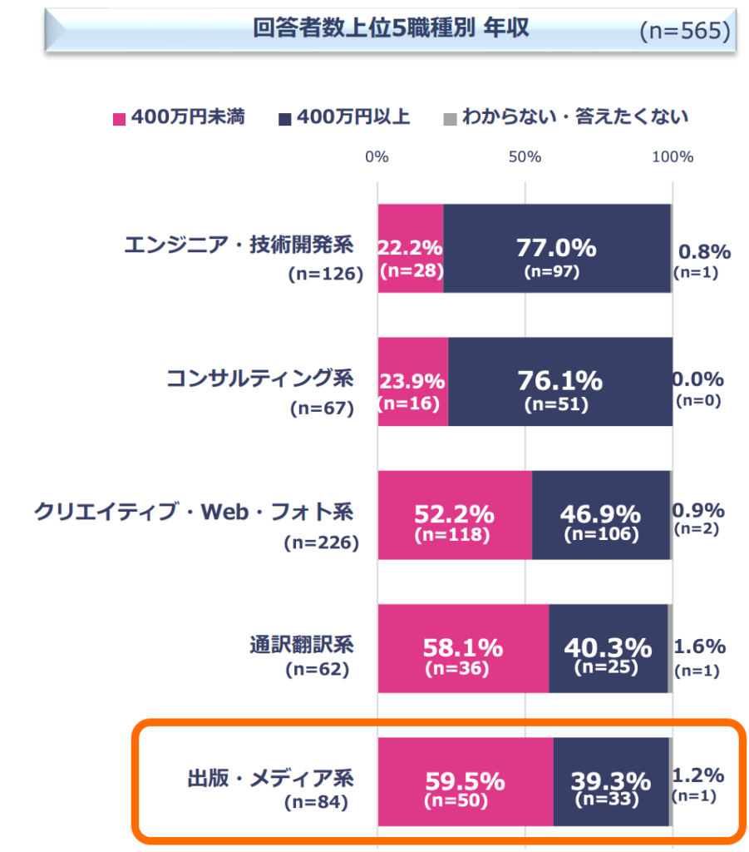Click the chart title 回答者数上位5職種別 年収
[391, 28]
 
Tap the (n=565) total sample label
[685, 31]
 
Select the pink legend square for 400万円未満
[119, 117]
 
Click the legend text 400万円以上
[352, 116]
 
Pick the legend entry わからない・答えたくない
[574, 116]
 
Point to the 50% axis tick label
[525, 156]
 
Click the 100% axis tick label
[672, 156]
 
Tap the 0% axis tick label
[377, 156]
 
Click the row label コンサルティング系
[259, 379]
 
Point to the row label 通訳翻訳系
[302, 645]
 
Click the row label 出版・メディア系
[269, 780]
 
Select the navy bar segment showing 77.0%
[556, 249]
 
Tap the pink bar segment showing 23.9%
[412, 382]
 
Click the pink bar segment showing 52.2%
[454, 515]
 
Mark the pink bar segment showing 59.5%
[465, 782]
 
